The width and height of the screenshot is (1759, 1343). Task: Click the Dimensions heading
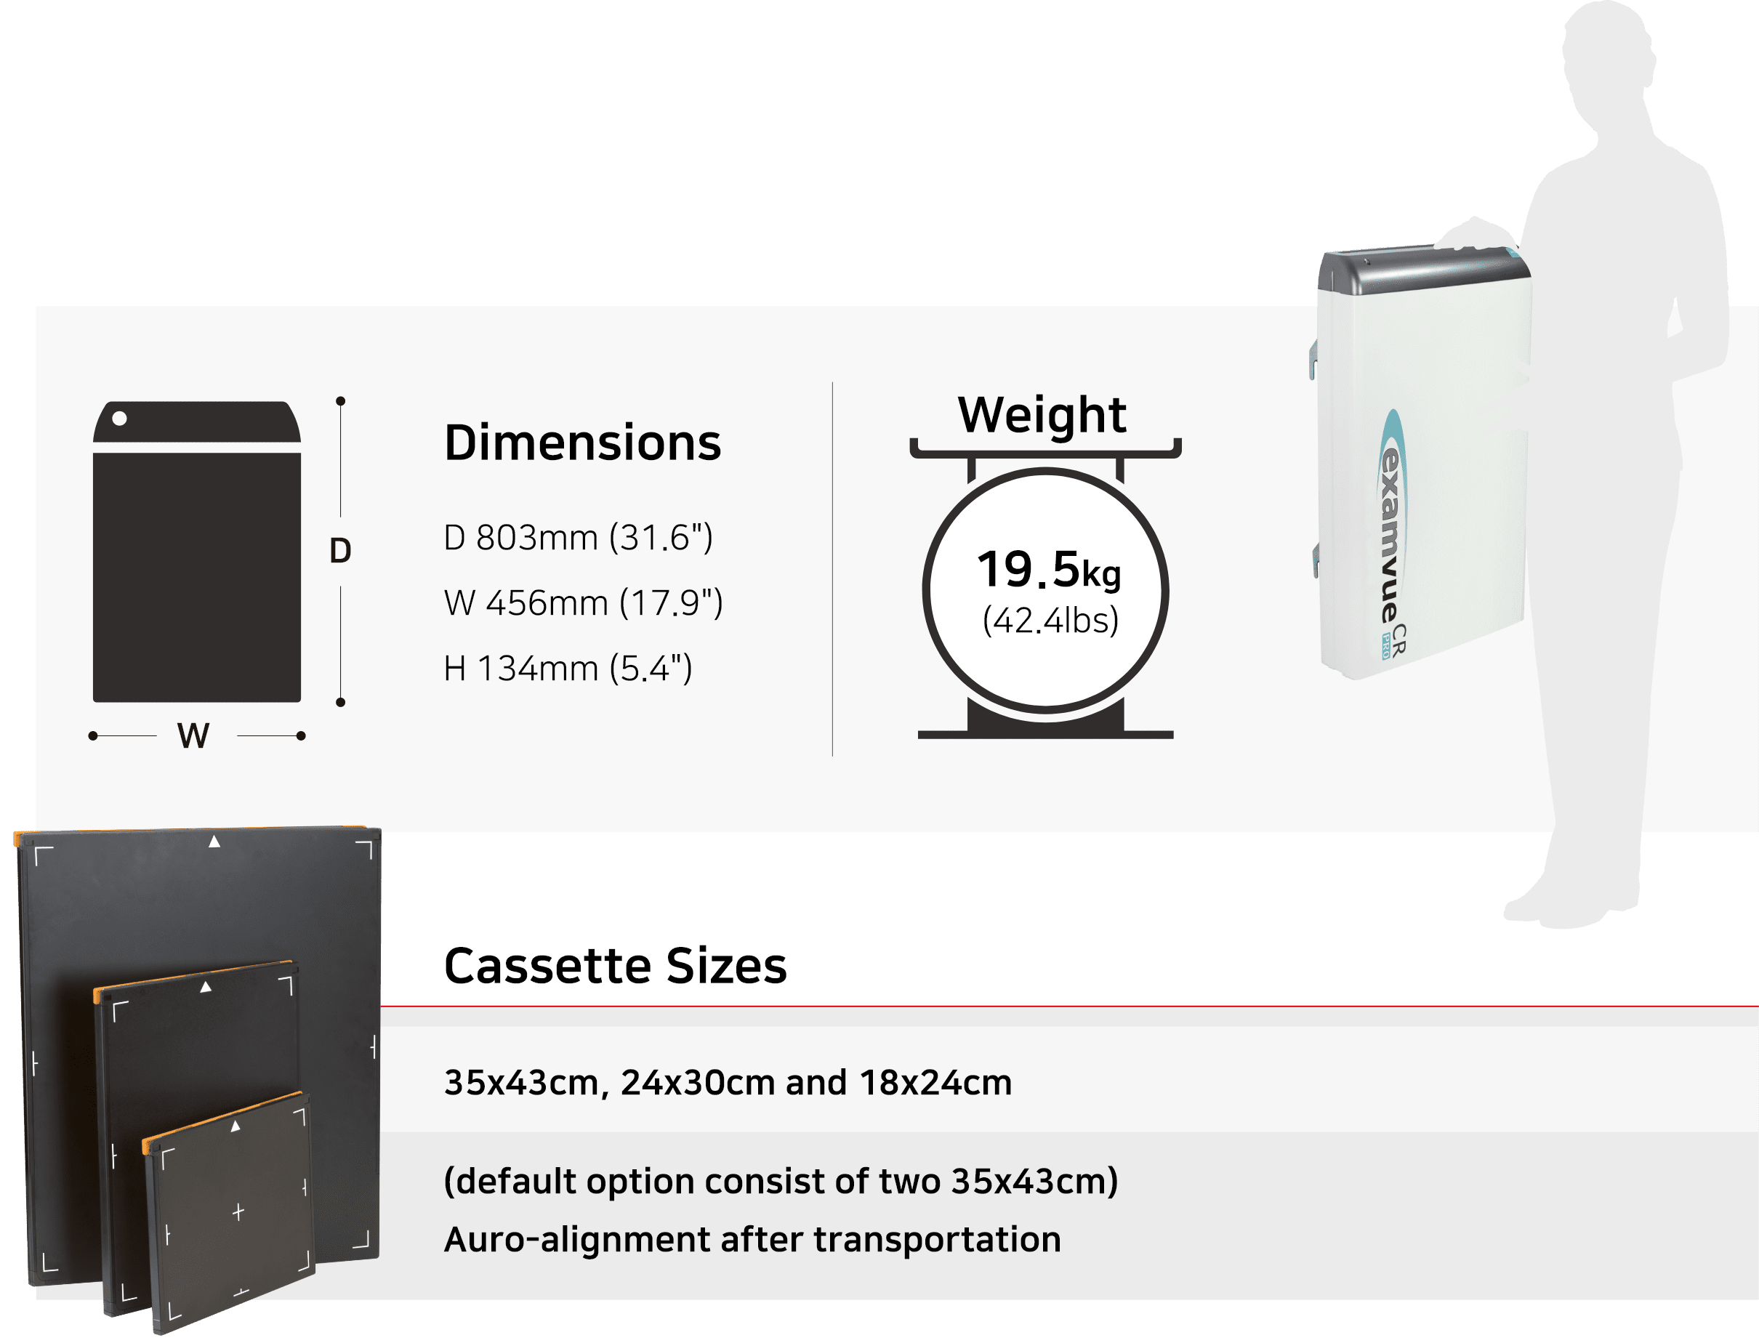point(582,443)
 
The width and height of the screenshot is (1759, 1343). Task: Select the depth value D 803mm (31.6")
point(577,538)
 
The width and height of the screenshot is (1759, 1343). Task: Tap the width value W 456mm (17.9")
point(583,603)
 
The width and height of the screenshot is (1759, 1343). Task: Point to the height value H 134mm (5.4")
point(568,669)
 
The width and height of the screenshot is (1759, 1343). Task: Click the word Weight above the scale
point(1042,415)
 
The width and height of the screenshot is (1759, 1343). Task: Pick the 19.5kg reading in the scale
point(1049,570)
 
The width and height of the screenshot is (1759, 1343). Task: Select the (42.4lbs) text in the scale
point(1050,621)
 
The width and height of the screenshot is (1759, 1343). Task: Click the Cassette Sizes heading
point(615,966)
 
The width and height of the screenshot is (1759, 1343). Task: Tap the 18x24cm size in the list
point(935,1083)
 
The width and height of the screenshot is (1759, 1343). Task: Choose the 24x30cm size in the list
point(698,1083)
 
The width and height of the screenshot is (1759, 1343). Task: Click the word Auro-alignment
point(576,1240)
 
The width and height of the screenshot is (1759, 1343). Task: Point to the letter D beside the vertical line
point(341,551)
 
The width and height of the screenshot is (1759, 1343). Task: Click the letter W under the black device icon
point(193,735)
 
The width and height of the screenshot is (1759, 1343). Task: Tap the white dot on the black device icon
point(120,418)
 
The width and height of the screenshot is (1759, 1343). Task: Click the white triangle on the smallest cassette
point(235,1126)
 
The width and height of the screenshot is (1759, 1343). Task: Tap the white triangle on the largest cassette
point(214,842)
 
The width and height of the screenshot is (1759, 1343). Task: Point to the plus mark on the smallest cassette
point(238,1213)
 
